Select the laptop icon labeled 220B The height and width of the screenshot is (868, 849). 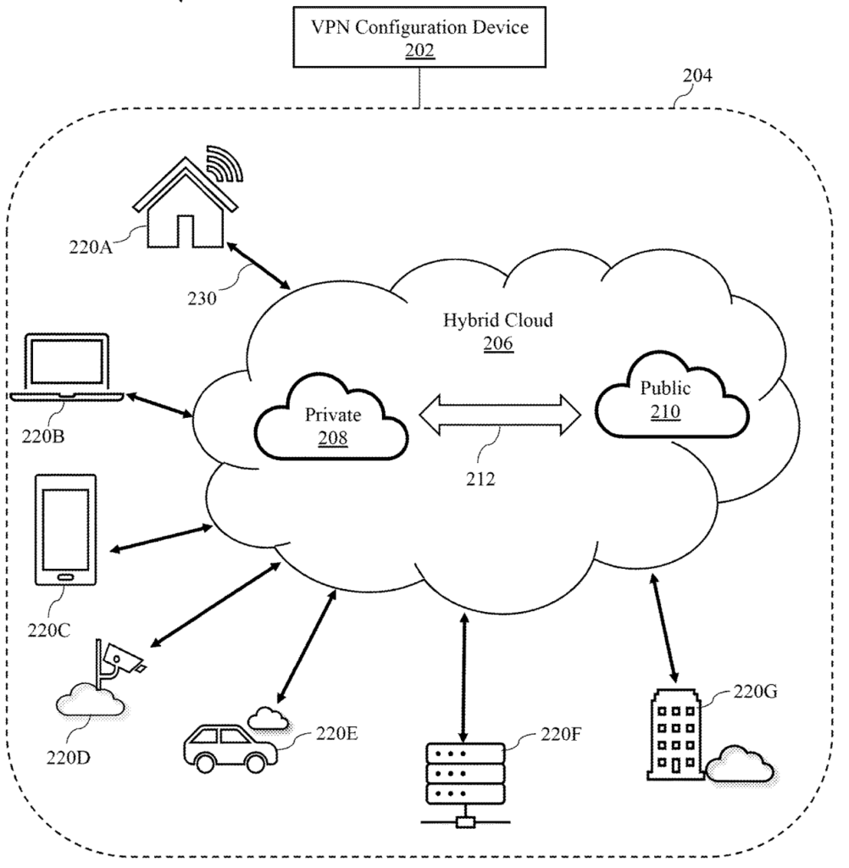click(x=69, y=369)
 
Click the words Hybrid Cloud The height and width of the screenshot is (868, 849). click(x=486, y=320)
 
